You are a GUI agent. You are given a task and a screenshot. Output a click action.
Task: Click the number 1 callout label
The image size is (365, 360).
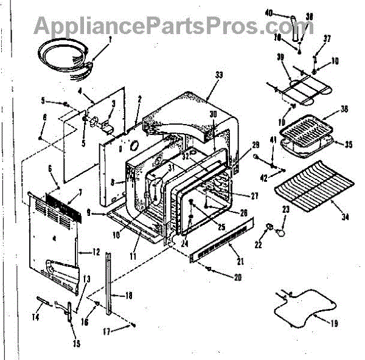click(x=109, y=41)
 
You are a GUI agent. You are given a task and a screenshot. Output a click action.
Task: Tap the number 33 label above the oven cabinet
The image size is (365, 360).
click(x=218, y=74)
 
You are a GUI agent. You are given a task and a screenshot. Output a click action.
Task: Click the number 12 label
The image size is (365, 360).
click(x=96, y=252)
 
